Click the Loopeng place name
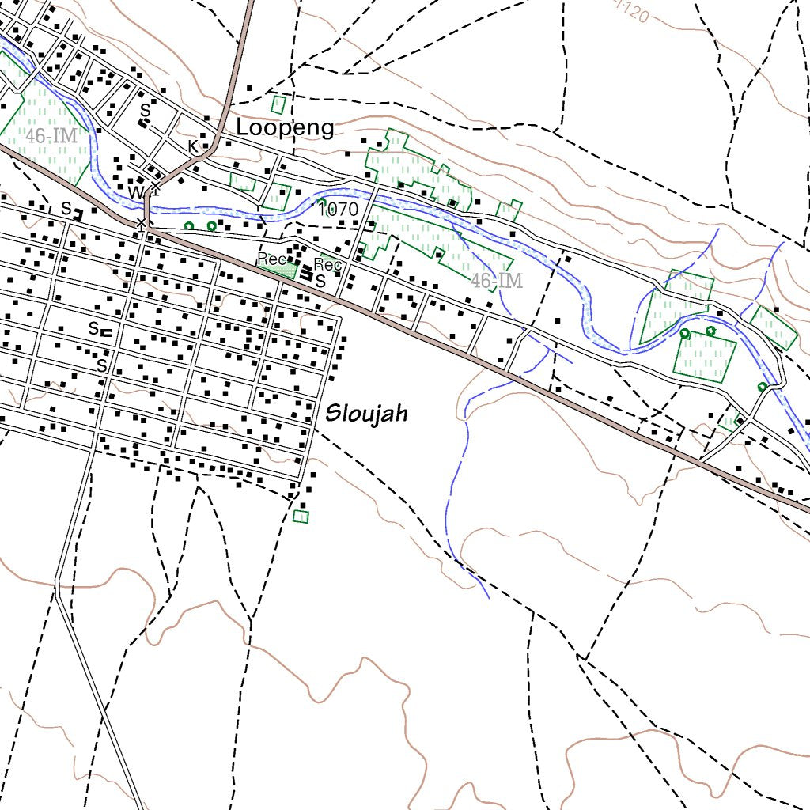tap(286, 128)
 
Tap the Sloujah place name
tap(366, 413)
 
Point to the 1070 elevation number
tap(338, 210)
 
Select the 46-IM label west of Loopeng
tap(51, 136)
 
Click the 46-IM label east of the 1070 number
tap(497, 281)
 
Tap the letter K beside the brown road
tap(192, 146)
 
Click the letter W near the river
tap(136, 193)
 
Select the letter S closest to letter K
tap(145, 112)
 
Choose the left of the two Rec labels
tap(271, 259)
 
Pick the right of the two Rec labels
tap(327, 264)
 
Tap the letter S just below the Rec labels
tap(320, 281)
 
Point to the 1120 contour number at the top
tap(634, 14)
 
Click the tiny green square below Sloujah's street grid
tap(301, 517)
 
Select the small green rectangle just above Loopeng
tap(278, 104)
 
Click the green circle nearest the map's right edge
tap(762, 387)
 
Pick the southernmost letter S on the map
tap(101, 365)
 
